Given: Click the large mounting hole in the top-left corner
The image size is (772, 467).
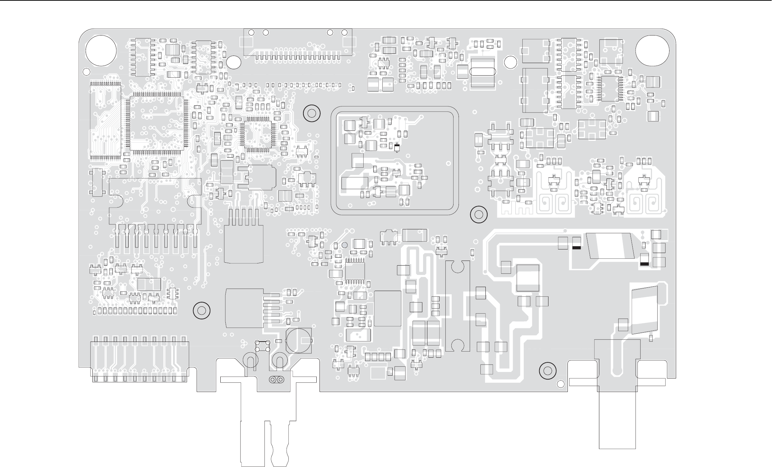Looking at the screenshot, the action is (101, 51).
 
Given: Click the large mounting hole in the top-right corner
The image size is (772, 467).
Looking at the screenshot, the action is (652, 51).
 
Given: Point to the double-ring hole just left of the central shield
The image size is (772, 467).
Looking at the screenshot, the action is (311, 114).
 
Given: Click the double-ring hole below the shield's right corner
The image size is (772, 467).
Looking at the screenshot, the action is (478, 215).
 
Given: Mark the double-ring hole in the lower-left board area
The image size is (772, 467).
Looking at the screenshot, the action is (201, 310).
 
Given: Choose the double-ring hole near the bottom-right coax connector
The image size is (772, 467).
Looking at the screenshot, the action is (547, 370).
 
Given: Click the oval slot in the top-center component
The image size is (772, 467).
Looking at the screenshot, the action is (482, 72).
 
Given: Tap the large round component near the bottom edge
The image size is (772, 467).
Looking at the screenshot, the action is (299, 340).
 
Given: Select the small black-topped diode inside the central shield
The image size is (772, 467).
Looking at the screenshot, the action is (397, 147).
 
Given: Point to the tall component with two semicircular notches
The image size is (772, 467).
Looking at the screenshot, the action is (457, 306).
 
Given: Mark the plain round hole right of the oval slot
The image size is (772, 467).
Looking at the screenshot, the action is (510, 62).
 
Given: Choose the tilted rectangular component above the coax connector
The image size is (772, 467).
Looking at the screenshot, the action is (645, 310).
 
